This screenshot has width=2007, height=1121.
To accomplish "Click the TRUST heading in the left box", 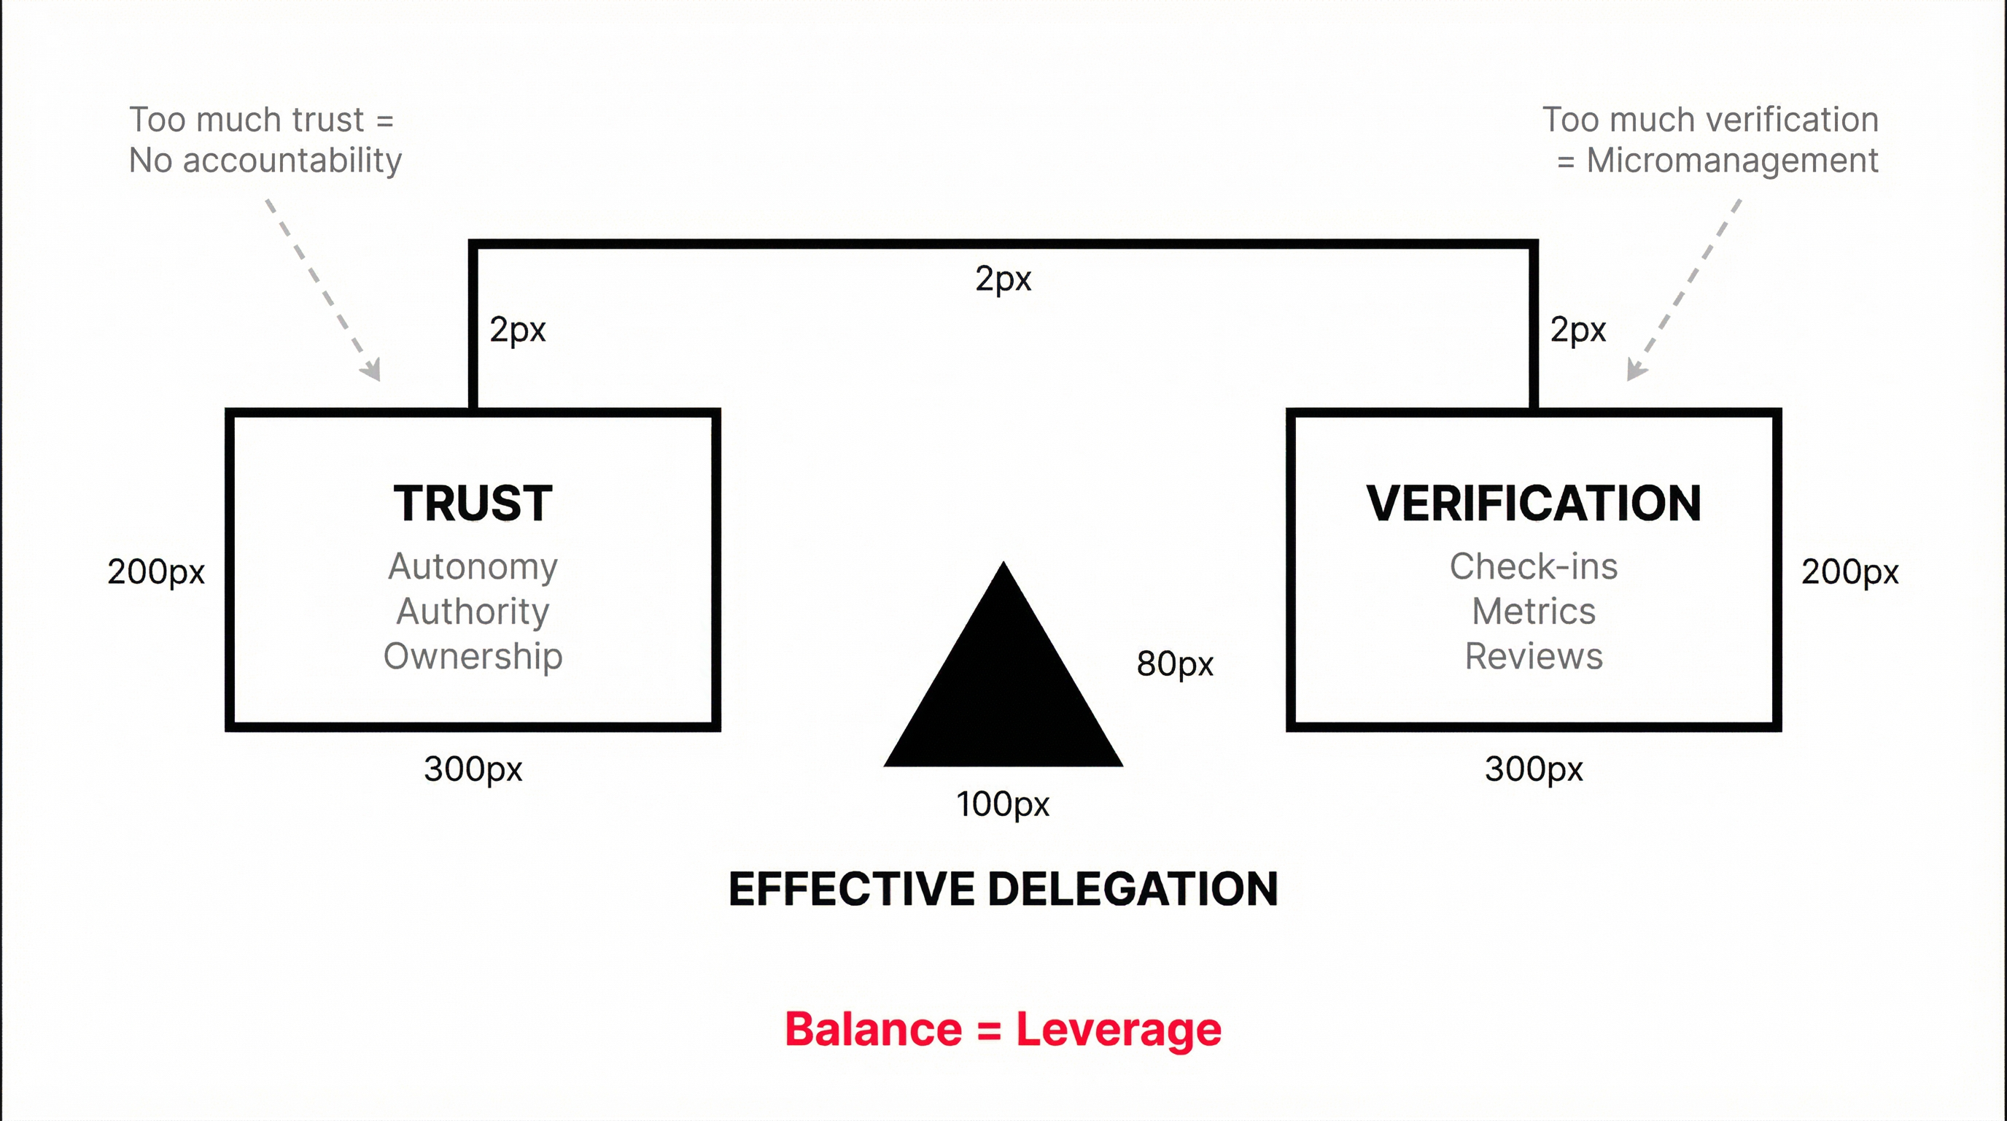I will pos(473,504).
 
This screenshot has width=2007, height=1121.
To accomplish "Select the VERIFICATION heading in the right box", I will pos(1533,504).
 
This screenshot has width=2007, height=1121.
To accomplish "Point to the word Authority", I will pos(473,611).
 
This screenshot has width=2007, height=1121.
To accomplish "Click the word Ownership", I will pos(473,656).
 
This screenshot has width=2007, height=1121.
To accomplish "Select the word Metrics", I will pos(1533,611).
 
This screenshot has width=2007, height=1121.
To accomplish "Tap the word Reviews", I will pos(1533,656).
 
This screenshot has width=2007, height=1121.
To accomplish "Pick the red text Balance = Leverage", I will pos(1003,1029).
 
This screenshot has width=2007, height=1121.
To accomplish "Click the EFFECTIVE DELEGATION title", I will pos(1003,889).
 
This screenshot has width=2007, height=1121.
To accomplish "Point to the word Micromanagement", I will pos(1732,161).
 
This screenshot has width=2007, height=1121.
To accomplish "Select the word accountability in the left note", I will pos(292,161).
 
